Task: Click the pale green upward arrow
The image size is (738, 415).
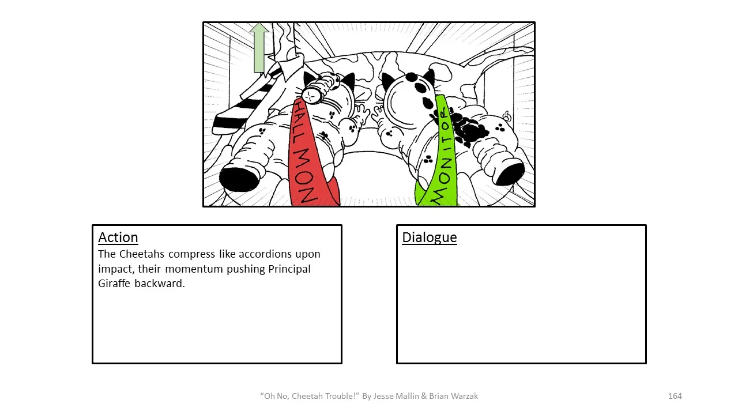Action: [259, 48]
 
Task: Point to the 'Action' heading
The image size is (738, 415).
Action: [118, 237]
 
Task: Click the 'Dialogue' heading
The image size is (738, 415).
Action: [430, 237]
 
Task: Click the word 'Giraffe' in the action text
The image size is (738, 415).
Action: [115, 284]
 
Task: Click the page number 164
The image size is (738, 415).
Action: [675, 396]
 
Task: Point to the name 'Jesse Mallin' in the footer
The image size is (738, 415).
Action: [397, 396]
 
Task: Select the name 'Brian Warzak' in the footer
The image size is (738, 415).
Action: [454, 396]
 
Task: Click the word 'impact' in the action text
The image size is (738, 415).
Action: [115, 269]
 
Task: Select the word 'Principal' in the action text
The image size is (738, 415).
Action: [289, 269]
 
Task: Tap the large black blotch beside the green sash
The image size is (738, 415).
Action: [470, 128]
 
